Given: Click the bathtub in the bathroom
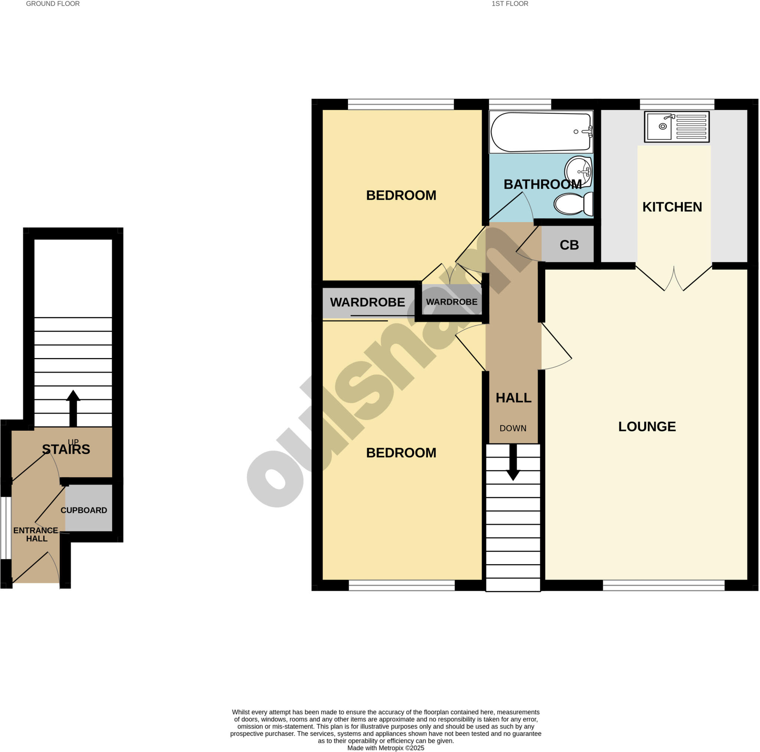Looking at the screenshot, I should tap(541, 132).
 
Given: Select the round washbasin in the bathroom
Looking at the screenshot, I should tap(578, 171).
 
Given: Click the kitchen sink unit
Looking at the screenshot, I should tap(676, 127).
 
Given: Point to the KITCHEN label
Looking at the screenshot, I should tap(672, 207).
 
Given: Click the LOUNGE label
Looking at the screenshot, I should tap(647, 426).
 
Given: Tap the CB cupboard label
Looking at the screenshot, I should tap(569, 245).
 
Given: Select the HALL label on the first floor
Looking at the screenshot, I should tap(513, 398).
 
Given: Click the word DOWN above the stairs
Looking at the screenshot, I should tap(512, 428).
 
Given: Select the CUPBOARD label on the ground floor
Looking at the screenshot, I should tap(84, 510).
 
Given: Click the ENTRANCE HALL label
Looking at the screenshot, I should tap(36, 534).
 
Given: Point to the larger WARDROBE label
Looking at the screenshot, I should tap(367, 302).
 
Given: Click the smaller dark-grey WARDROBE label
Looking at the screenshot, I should tap(452, 302).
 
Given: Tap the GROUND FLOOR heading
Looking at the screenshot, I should tap(53, 4).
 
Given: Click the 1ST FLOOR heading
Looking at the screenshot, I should tap(510, 4).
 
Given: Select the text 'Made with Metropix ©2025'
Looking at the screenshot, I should tap(386, 748).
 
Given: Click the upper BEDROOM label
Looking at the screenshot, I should tap(401, 195).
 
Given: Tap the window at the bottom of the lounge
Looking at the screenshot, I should tap(663, 585).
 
